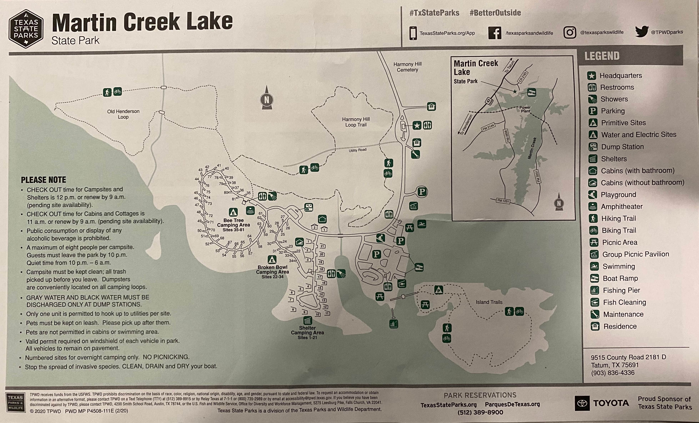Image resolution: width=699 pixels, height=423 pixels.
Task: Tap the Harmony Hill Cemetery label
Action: click(x=407, y=67)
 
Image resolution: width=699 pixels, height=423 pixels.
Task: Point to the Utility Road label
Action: click(x=357, y=150)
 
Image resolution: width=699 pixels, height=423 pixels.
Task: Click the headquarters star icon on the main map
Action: click(x=416, y=125)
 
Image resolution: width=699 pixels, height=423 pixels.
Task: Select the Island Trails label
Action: click(x=489, y=302)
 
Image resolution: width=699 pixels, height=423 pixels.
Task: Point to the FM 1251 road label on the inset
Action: click(x=503, y=201)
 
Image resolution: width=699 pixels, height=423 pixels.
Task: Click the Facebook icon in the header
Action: click(x=495, y=33)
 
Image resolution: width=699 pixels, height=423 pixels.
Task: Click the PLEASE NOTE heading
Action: click(x=43, y=180)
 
